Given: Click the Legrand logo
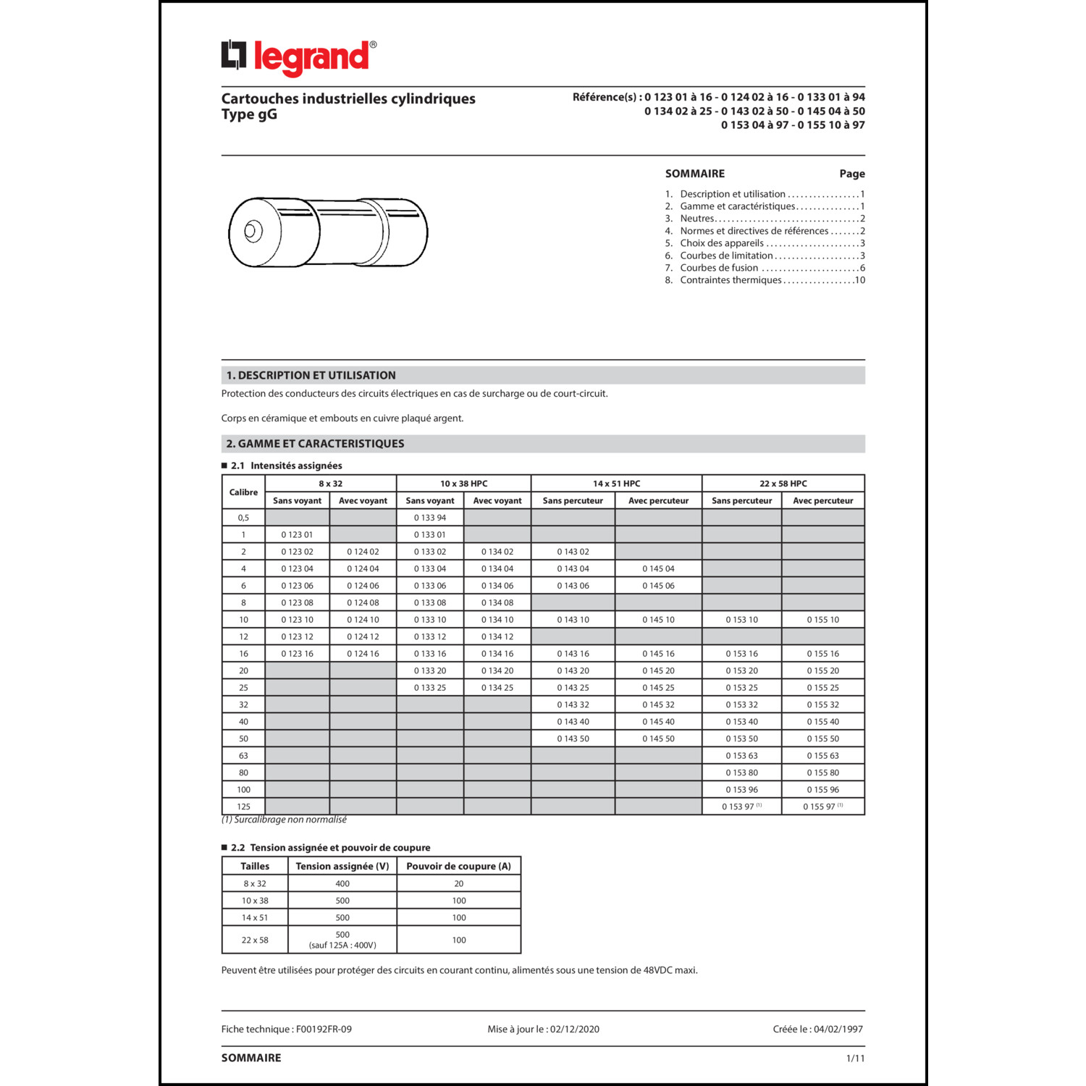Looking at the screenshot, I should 298,57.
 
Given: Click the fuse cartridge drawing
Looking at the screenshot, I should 328,232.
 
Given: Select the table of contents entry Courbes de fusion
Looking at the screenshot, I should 719,268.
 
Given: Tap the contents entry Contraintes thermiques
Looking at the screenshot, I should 731,280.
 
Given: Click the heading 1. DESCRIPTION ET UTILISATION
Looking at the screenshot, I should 311,375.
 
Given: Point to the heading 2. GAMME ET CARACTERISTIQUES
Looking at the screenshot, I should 316,444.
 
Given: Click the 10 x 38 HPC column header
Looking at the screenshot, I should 463,484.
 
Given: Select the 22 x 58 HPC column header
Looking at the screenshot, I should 783,484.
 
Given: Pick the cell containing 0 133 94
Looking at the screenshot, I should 430,518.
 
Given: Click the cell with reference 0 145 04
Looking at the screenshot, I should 658,569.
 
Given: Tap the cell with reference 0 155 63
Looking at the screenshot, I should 822,756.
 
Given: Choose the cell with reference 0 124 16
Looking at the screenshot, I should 363,654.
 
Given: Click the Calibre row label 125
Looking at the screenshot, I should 243,807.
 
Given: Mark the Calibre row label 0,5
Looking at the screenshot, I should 243,518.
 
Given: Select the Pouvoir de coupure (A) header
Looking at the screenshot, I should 458,866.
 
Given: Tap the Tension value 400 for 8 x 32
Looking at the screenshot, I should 342,884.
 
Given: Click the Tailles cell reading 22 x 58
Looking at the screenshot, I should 255,940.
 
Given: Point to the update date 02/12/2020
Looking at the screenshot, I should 574,1029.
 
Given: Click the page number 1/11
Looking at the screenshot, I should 855,1058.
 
